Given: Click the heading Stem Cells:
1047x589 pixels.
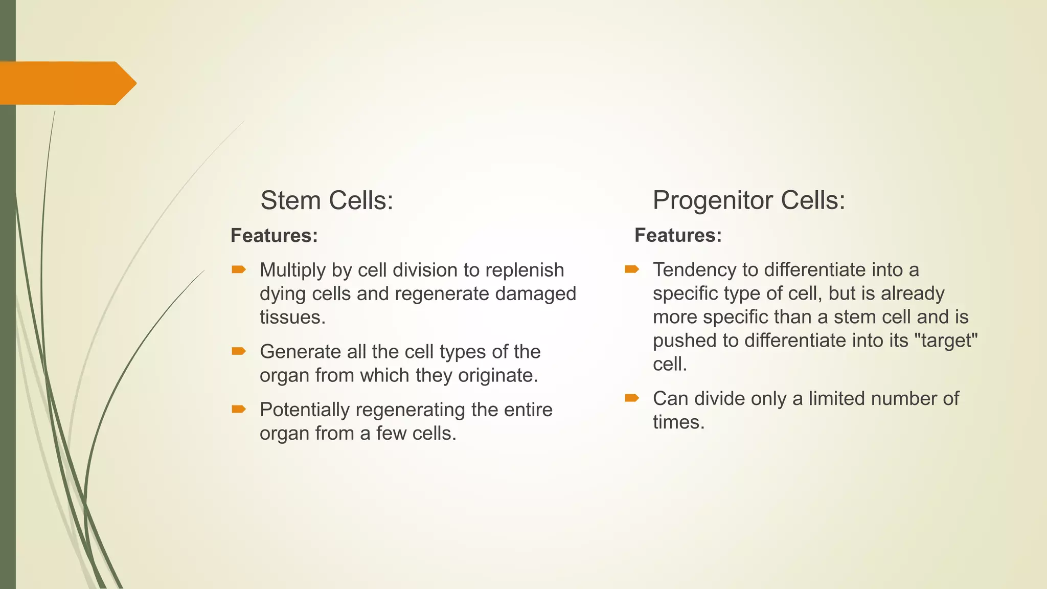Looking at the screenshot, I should tap(327, 200).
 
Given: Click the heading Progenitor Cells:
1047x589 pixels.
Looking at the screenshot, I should tap(748, 200).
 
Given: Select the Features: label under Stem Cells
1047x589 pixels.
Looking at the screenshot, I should tap(274, 236).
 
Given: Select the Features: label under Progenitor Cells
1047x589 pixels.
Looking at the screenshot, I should tap(678, 235).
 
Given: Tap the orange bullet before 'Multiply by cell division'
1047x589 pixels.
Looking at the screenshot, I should tap(239, 269).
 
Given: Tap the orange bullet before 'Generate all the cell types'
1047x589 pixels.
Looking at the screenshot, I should tap(239, 351).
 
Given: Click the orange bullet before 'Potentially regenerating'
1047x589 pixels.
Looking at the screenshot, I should tap(239, 409).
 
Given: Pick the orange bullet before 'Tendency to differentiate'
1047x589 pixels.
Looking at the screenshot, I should tap(632, 269).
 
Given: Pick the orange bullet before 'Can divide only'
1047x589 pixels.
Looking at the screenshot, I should tap(632, 398).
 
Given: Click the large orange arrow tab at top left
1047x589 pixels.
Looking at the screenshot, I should tap(66, 83).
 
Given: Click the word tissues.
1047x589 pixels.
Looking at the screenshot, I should tap(292, 318).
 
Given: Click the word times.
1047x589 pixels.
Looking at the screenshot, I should tap(678, 422).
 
